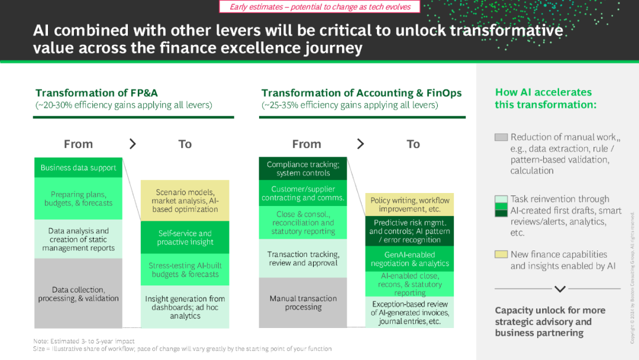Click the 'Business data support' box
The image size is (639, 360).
(78, 168)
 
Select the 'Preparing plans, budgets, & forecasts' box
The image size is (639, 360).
(78, 198)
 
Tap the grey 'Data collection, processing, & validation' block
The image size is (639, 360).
(78, 294)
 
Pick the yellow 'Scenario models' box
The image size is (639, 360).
(185, 201)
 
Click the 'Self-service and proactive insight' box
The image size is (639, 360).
(185, 237)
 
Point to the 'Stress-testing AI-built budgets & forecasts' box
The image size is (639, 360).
(185, 269)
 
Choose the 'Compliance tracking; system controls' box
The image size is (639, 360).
(303, 168)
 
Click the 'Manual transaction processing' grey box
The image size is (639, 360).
(303, 303)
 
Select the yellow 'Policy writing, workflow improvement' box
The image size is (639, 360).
(409, 204)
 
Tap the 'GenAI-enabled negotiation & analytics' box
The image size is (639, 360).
(409, 259)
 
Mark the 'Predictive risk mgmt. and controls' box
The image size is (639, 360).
(409, 231)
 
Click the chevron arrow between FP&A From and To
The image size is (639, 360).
(133, 143)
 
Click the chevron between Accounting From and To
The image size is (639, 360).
(360, 143)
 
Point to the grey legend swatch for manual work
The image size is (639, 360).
(501, 137)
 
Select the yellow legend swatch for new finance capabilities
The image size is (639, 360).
(501, 255)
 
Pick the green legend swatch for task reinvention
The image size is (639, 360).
(501, 206)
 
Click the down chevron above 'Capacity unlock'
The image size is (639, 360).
(560, 289)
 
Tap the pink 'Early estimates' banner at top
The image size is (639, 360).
(320, 7)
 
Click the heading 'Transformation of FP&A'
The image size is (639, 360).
(96, 93)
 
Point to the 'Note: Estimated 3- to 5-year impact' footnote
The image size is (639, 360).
(84, 341)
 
